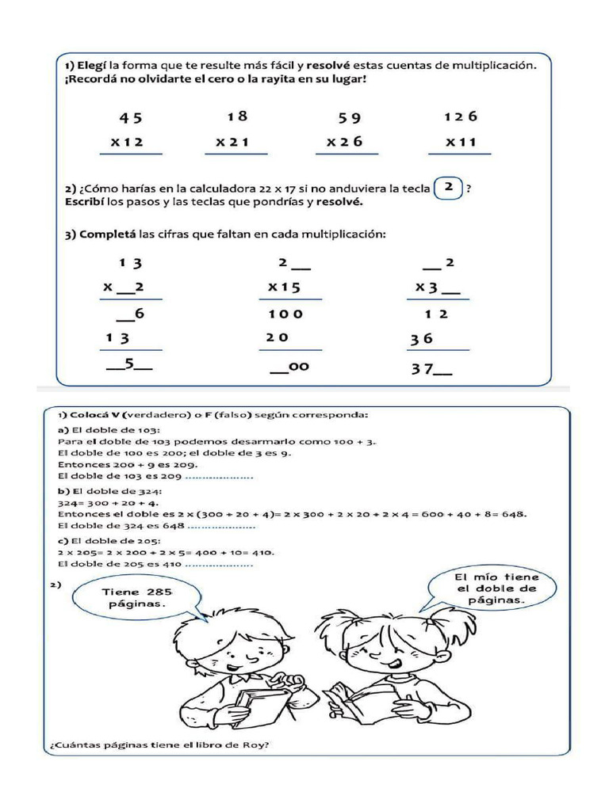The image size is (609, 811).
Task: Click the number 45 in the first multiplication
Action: [x=131, y=118]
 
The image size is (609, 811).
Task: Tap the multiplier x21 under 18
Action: [x=232, y=143]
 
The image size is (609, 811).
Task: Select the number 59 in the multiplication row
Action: [x=350, y=118]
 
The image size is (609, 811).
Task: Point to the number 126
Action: [x=461, y=116]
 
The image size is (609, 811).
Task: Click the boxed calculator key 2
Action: [x=449, y=188]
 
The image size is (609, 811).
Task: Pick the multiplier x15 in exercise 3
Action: [x=284, y=287]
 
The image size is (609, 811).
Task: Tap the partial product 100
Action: [x=285, y=314]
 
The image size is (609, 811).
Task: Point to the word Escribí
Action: [x=86, y=202]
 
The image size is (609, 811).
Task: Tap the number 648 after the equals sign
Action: [x=515, y=513]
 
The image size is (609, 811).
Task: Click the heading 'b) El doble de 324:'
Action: [x=109, y=491]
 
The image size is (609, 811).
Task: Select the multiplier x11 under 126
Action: [x=461, y=143]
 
